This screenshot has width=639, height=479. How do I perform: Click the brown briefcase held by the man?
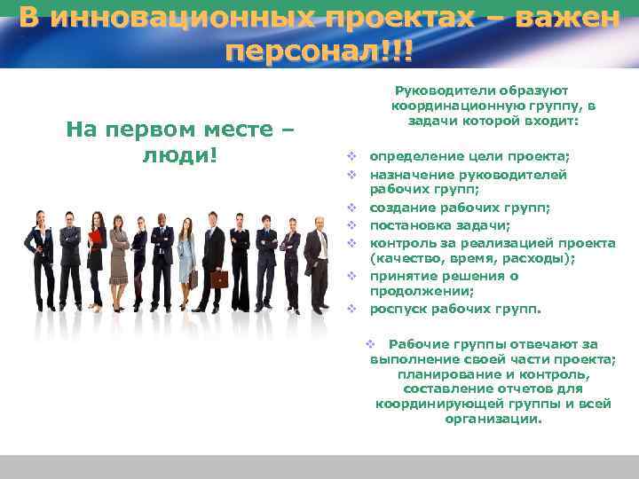click(x=219, y=279)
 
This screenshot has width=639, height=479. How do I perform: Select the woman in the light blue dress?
click(x=185, y=253)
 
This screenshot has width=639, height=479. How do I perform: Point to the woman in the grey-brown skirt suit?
click(x=119, y=257)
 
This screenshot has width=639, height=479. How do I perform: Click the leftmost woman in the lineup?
click(x=39, y=257)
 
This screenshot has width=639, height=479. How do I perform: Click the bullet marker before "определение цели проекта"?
click(x=351, y=157)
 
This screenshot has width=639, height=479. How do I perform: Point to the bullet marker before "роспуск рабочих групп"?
click(x=351, y=310)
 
